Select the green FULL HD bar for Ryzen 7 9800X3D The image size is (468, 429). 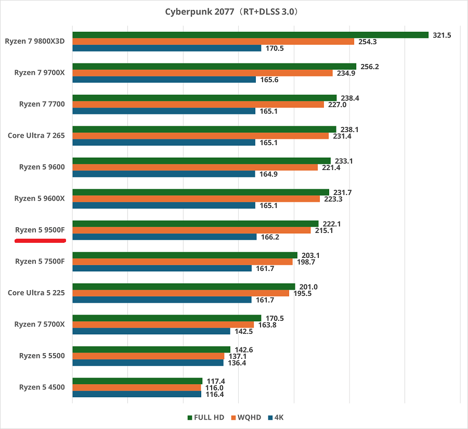250,35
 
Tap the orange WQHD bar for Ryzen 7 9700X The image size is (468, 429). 202,73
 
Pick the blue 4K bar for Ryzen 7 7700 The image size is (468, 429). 164,111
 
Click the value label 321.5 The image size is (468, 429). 441,35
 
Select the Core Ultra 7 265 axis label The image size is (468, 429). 36,136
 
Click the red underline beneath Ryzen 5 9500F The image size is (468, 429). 40,241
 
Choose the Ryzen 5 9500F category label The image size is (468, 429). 40,230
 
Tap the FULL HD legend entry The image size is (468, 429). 205,418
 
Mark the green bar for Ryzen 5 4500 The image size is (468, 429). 137,381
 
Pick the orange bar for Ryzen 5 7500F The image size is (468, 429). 183,262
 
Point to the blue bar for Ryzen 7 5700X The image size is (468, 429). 151,331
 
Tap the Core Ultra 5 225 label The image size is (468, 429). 36,293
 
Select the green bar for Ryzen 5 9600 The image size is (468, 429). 201,161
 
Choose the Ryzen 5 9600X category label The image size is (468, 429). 40,199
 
